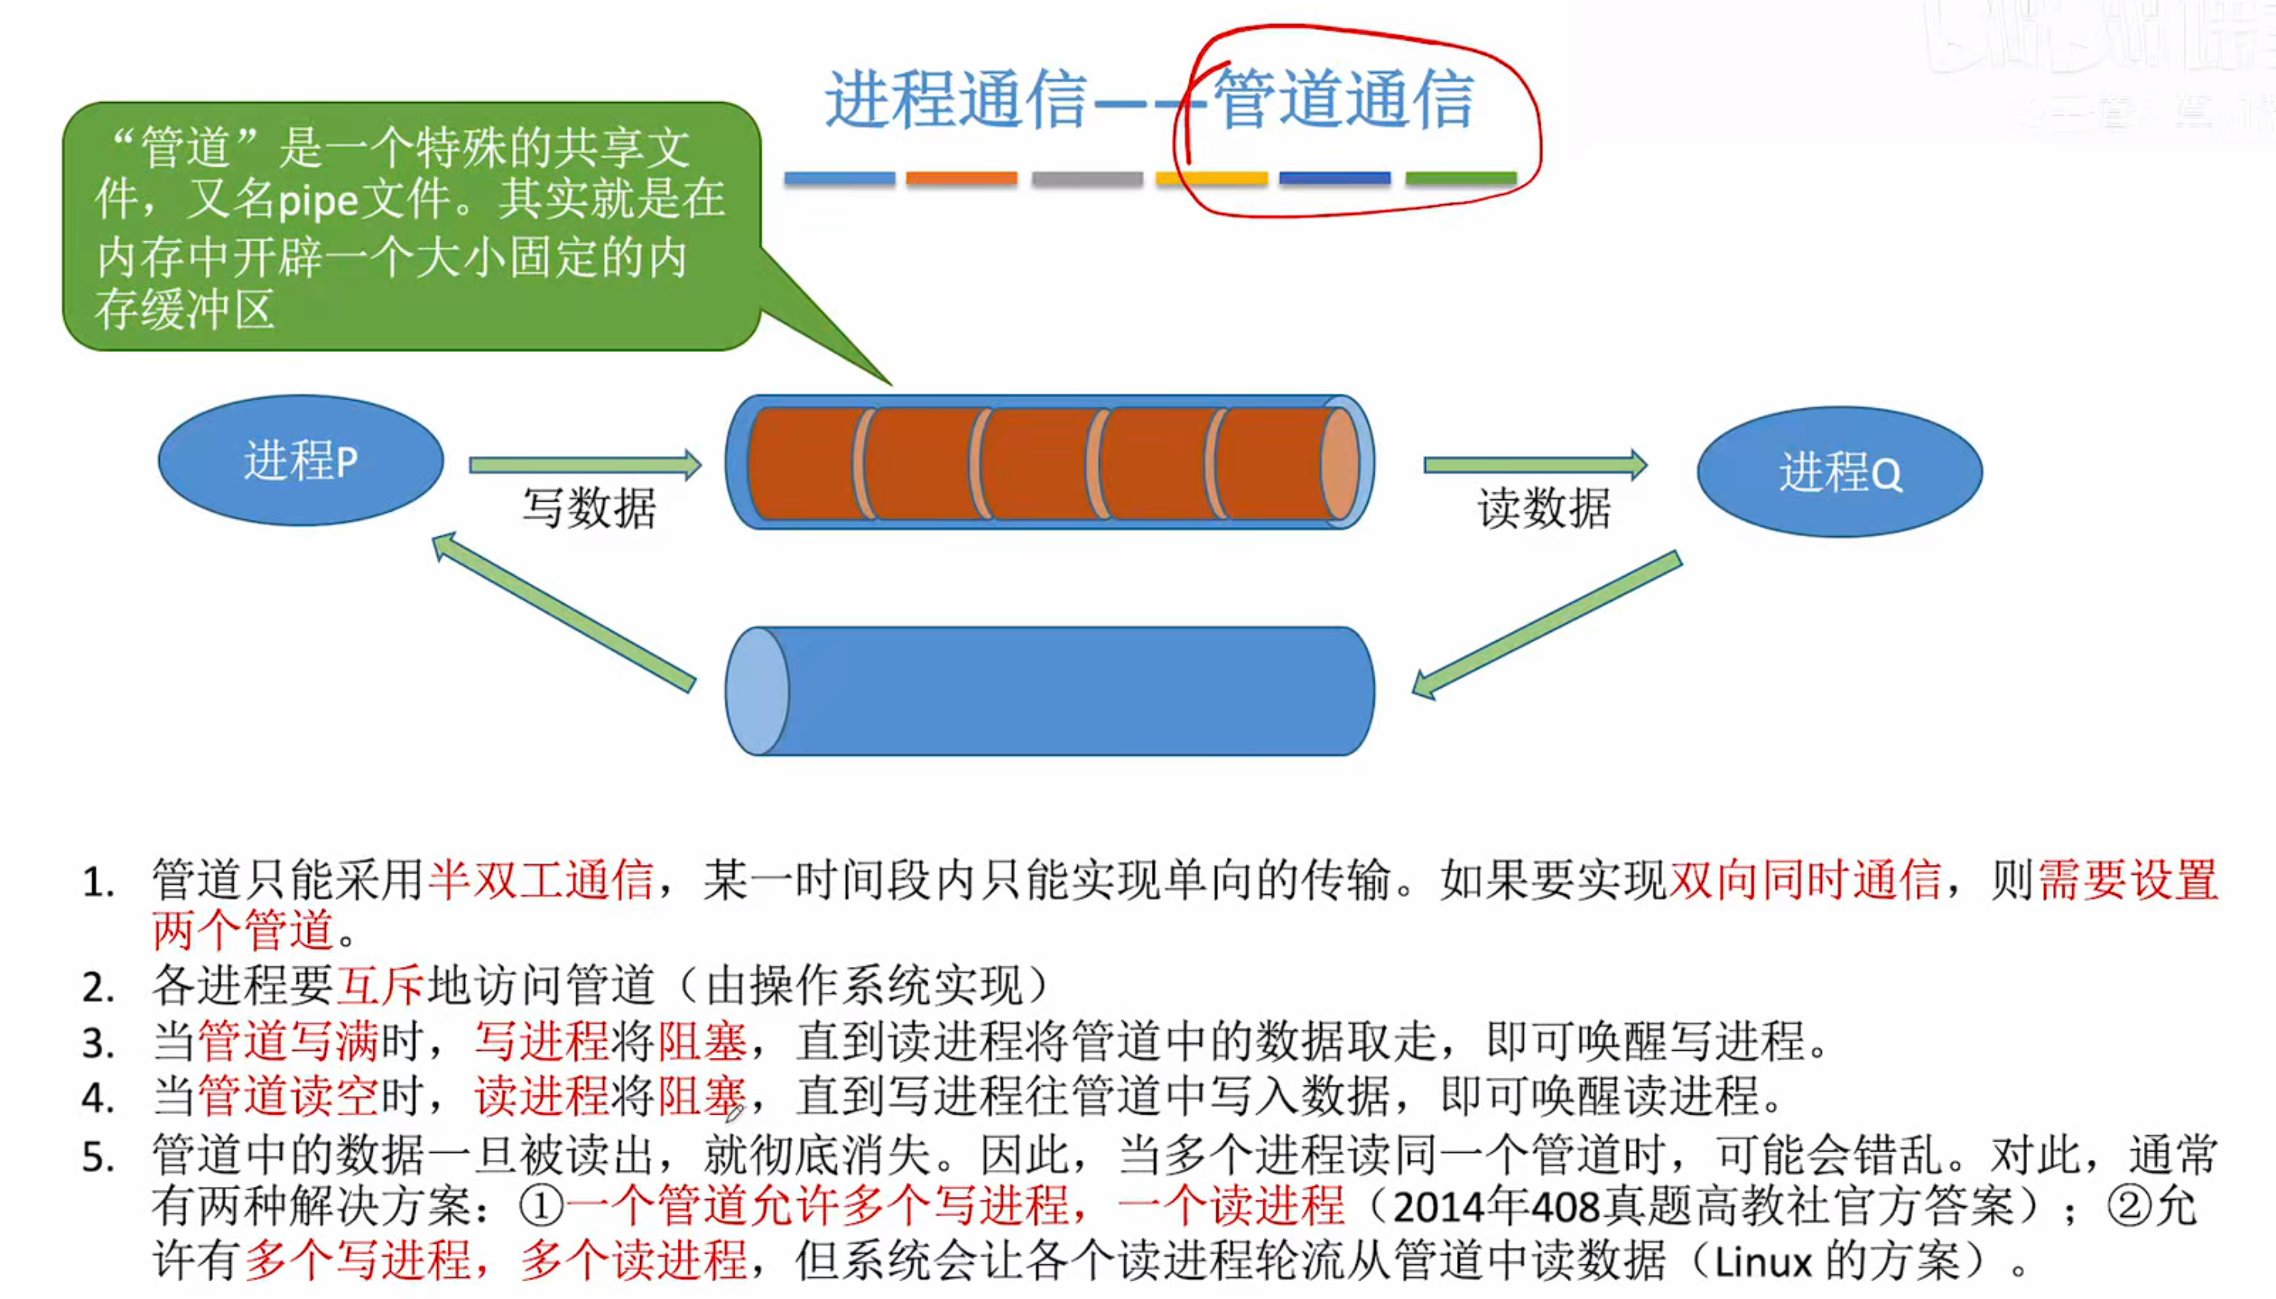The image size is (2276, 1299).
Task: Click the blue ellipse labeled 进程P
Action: click(x=300, y=460)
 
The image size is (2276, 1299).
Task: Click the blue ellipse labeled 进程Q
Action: click(x=1839, y=472)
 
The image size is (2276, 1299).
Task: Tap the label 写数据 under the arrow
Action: click(x=589, y=509)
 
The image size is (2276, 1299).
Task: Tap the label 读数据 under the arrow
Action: click(x=1544, y=509)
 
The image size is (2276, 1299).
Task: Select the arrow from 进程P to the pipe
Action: click(x=586, y=465)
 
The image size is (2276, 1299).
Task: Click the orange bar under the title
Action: click(x=961, y=178)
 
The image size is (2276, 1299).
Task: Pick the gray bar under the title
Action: click(x=1087, y=178)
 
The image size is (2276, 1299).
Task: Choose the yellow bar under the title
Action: click(x=1211, y=178)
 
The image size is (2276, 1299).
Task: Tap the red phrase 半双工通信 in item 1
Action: click(x=541, y=880)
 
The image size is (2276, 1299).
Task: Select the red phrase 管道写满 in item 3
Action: click(x=288, y=1041)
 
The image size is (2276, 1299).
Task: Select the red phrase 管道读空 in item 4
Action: click(x=288, y=1095)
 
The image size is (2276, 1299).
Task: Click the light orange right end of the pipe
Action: click(x=1339, y=463)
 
